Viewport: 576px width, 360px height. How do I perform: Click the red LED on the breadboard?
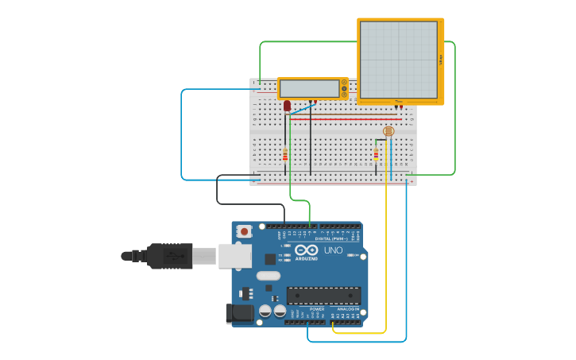(287, 105)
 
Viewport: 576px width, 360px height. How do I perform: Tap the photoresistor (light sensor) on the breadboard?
(388, 131)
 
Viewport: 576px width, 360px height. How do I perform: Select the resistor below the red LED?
(285, 155)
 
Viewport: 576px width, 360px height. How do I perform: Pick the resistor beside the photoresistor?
(376, 155)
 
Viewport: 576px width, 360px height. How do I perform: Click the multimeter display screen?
(309, 87)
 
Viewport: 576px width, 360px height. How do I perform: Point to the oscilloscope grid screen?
(398, 57)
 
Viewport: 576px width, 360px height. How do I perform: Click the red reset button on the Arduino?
(245, 231)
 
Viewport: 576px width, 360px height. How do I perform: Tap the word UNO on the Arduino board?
(333, 251)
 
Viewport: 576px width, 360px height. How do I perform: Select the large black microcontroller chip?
(323, 296)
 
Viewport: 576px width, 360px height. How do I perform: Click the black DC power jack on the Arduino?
(239, 314)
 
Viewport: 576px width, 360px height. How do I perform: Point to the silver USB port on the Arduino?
(235, 255)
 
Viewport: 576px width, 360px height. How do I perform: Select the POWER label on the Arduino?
(306, 309)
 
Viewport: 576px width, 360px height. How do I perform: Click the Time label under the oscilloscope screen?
(398, 101)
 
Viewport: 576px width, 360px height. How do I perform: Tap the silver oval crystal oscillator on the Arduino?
(268, 276)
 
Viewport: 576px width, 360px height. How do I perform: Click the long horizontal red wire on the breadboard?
(350, 119)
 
